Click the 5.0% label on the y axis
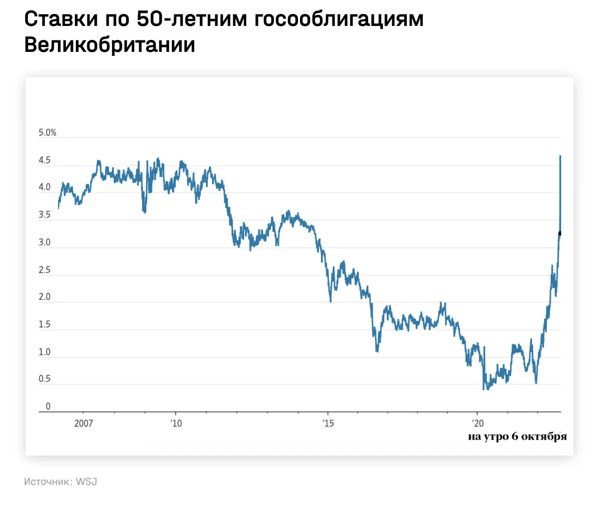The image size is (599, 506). click(47, 133)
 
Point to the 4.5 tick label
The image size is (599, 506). click(44, 161)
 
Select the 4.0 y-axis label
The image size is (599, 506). click(44, 187)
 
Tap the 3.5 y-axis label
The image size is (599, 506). click(44, 215)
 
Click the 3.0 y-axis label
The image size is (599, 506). click(44, 243)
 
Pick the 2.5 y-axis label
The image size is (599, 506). click(44, 270)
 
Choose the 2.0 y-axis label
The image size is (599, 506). click(44, 297)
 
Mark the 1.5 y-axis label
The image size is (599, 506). click(44, 324)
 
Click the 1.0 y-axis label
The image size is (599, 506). click(44, 352)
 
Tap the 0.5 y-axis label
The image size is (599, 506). click(44, 379)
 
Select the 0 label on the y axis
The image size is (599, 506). click(48, 406)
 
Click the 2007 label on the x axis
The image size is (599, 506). click(84, 424)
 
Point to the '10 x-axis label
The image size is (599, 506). click(176, 424)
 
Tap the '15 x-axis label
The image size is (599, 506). click(328, 424)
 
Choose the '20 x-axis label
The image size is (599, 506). click(478, 424)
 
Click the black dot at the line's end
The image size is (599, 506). click(560, 233)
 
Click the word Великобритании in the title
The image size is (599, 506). click(109, 45)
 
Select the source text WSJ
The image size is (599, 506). click(86, 482)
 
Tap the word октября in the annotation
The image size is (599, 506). click(544, 437)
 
